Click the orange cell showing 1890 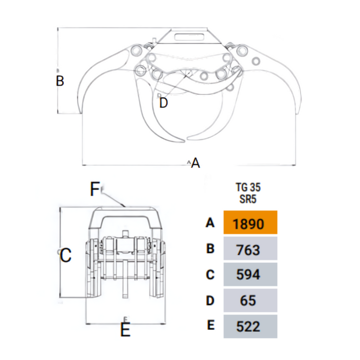pyautogui.click(x=250, y=222)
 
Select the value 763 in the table pyautogui.click(x=250, y=248)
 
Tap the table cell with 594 pyautogui.click(x=250, y=274)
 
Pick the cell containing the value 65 pyautogui.click(x=250, y=300)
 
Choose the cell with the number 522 pyautogui.click(x=250, y=326)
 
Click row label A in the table pyautogui.click(x=210, y=222)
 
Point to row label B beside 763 pyautogui.click(x=210, y=248)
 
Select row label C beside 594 pyautogui.click(x=210, y=274)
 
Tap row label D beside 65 pyautogui.click(x=210, y=300)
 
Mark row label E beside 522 pyautogui.click(x=211, y=325)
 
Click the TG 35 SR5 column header pyautogui.click(x=248, y=193)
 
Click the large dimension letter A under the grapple pyautogui.click(x=195, y=163)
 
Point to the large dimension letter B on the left pyautogui.click(x=60, y=81)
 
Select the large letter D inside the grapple pyautogui.click(x=163, y=102)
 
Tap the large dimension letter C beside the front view pyautogui.click(x=65, y=255)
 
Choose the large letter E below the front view pyautogui.click(x=125, y=329)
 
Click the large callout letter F pyautogui.click(x=94, y=189)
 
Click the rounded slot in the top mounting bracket pyautogui.click(x=189, y=36)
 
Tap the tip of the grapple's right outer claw pyautogui.click(x=297, y=113)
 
